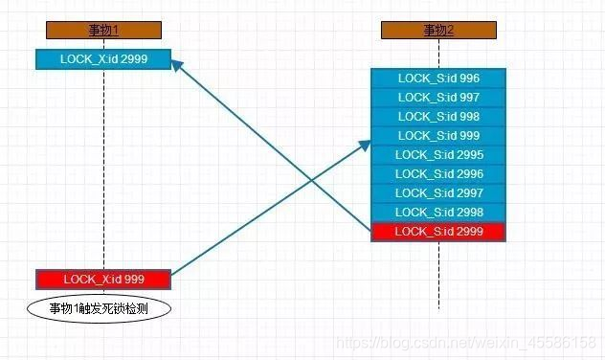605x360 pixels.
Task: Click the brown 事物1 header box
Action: (103, 31)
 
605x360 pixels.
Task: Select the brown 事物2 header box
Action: (438, 31)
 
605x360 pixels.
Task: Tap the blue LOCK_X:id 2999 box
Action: (103, 59)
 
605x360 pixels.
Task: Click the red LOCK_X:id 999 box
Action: (103, 280)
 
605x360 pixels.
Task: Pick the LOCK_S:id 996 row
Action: (438, 79)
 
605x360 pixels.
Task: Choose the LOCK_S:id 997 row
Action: (438, 98)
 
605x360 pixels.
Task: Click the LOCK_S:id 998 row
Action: (438, 117)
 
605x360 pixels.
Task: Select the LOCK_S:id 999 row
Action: (438, 136)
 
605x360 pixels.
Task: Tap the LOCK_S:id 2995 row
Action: (438, 155)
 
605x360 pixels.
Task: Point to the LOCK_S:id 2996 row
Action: (438, 174)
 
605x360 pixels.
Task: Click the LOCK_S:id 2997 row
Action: (438, 193)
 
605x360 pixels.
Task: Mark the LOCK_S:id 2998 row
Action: (438, 213)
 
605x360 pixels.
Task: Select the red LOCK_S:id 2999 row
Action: (438, 232)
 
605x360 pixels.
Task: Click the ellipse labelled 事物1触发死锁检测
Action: (100, 308)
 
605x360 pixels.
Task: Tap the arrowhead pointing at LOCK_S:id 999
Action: (365, 143)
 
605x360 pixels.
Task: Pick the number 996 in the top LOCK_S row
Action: (469, 79)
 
